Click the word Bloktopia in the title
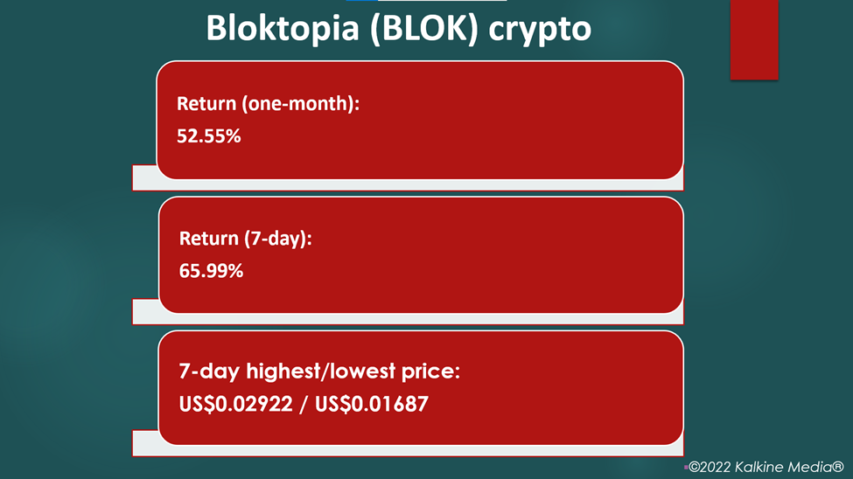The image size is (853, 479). [283, 28]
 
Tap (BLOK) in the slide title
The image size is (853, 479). [423, 28]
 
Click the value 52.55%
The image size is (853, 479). [209, 136]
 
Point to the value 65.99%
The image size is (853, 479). [211, 271]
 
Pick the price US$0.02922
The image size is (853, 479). [235, 404]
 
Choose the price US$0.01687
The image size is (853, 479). [372, 404]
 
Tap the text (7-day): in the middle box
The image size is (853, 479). [278, 239]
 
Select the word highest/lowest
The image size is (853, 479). [321, 371]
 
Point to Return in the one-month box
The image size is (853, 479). [206, 103]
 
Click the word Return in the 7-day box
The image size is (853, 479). [209, 238]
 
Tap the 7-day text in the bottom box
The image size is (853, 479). [209, 371]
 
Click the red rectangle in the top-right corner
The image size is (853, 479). [754, 39]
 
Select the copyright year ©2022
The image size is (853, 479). [710, 467]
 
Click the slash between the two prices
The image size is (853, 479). [304, 405]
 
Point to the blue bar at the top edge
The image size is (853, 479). [362, 1]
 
